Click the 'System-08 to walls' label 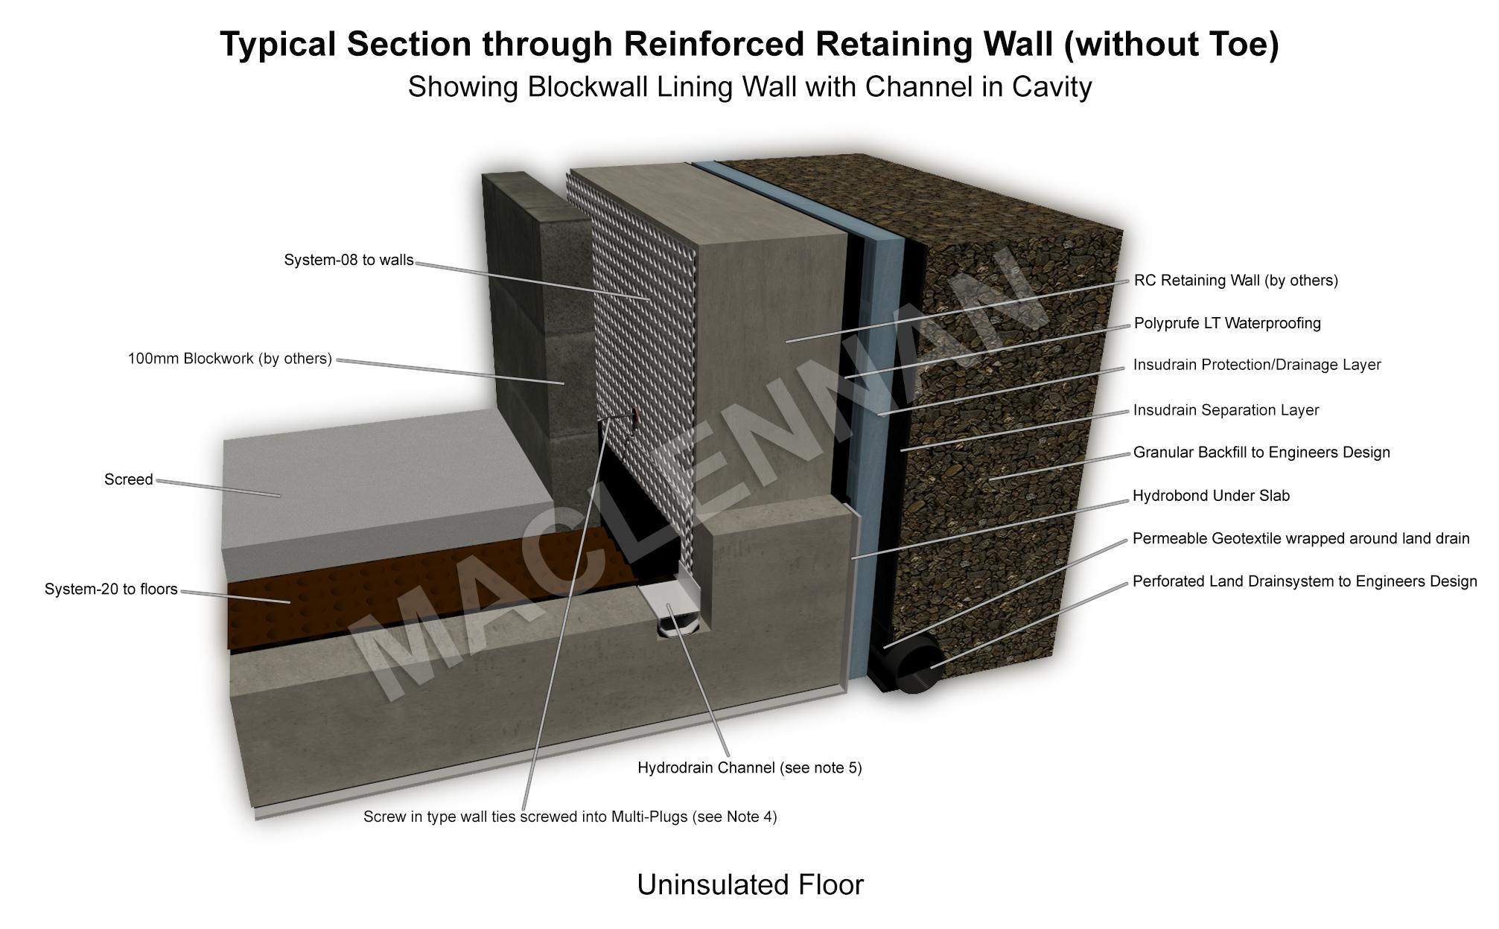(349, 261)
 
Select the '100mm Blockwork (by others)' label (229, 359)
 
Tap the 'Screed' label (128, 480)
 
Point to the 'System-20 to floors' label (111, 590)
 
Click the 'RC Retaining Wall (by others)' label (1235, 281)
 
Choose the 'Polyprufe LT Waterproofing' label (1226, 323)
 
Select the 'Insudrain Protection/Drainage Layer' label (1256, 365)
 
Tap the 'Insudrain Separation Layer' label (1226, 410)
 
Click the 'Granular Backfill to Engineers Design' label (1261, 453)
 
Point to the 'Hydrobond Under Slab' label (1211, 496)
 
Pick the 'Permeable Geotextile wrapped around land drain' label (1300, 538)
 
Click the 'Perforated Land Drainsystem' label (1304, 581)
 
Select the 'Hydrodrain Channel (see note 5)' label (749, 767)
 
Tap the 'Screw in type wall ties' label (570, 817)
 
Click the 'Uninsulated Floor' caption (750, 885)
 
